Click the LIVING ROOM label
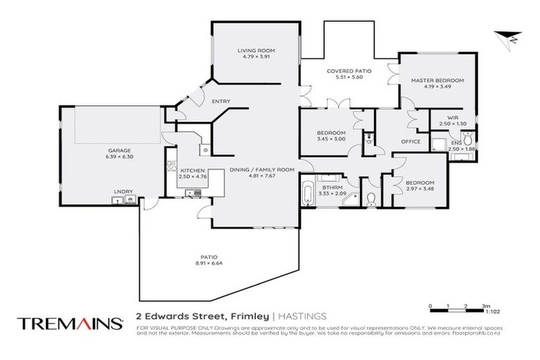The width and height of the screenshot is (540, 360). [x=255, y=51]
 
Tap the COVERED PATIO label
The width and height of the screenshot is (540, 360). [x=344, y=71]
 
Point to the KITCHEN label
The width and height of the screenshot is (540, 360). [x=192, y=170]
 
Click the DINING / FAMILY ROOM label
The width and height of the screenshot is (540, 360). [x=256, y=169]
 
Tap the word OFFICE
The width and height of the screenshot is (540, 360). [x=411, y=141]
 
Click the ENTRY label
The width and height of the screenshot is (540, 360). [x=221, y=102]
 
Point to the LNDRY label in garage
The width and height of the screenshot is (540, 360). [x=123, y=191]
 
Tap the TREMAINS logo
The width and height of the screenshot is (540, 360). [x=70, y=323]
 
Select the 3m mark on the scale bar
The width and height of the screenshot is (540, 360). [x=485, y=307]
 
